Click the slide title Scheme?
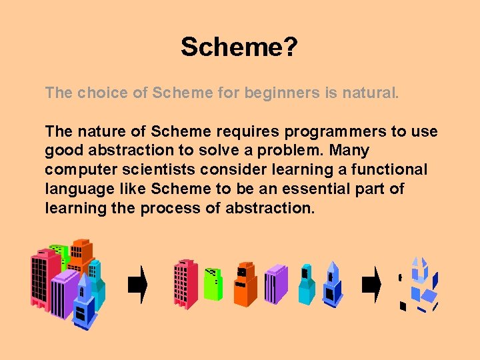(x=239, y=47)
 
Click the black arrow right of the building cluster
(x=137, y=285)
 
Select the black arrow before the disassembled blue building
(x=371, y=285)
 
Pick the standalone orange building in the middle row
(x=245, y=284)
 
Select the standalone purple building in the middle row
(x=275, y=284)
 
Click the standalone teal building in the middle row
(x=306, y=284)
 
